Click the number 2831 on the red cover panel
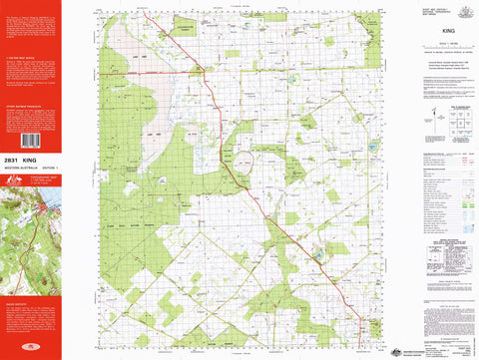(x=13, y=160)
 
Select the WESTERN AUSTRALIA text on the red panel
(x=19, y=169)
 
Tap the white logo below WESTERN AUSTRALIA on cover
(x=14, y=180)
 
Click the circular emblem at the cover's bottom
(x=30, y=348)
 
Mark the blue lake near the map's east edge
(x=373, y=148)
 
